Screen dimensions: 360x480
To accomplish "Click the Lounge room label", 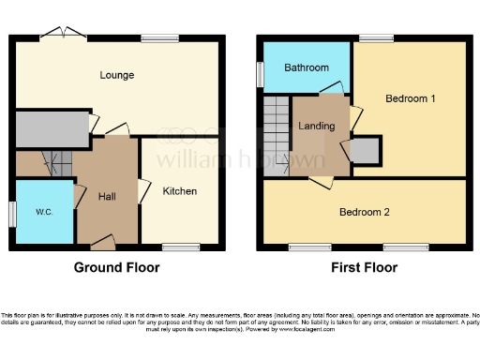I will tap(118, 75).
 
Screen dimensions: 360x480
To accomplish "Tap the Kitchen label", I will tap(180, 191).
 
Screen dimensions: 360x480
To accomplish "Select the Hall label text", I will tap(106, 196).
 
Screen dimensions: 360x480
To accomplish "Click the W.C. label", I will tap(44, 212).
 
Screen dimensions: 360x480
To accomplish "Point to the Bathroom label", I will tap(307, 67).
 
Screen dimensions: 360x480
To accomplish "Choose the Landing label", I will tap(317, 127).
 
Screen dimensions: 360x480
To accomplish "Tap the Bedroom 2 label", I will tap(364, 212).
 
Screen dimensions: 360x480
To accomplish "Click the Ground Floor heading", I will tap(116, 268).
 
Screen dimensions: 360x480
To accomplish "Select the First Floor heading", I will tap(364, 268).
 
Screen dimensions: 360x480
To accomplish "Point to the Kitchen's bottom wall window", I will tap(174, 247).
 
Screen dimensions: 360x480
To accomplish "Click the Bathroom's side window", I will tap(260, 75).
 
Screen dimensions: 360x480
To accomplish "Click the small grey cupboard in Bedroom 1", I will tap(367, 150).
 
